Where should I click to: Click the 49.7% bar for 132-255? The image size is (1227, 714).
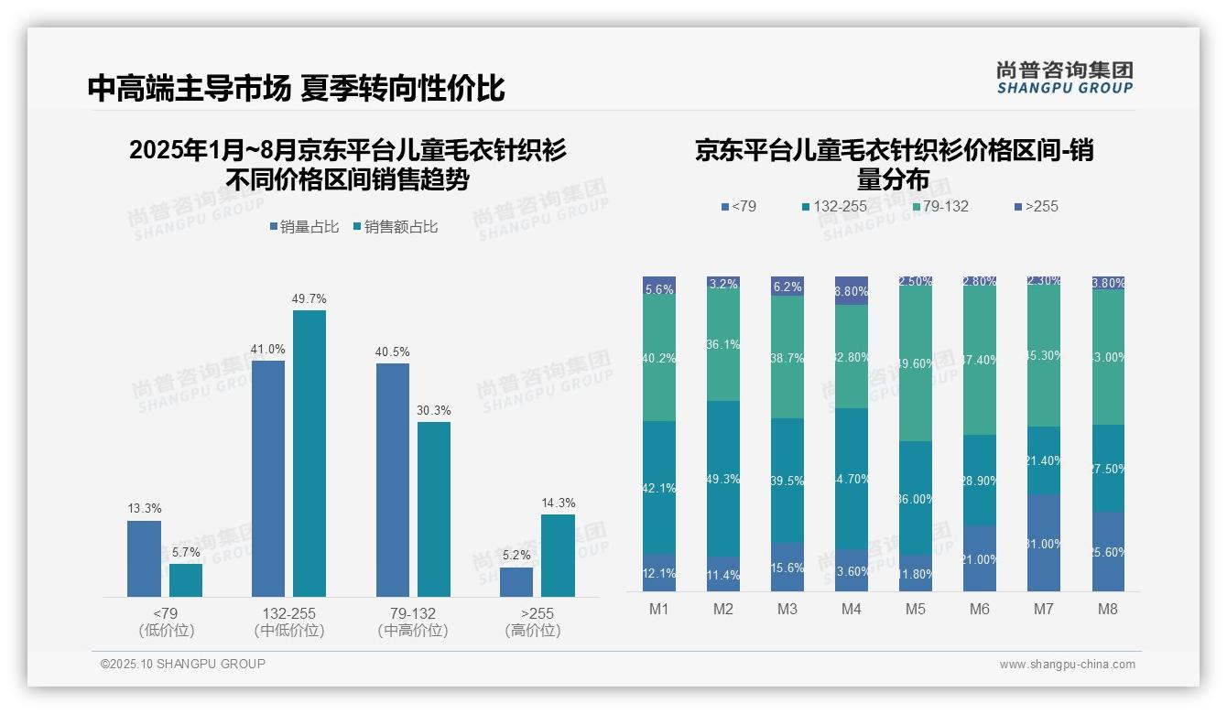coord(309,453)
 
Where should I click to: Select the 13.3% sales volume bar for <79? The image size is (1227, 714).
coord(144,558)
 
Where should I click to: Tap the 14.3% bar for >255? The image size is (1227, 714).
coord(558,556)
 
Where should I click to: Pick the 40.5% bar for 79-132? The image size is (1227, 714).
coord(393,480)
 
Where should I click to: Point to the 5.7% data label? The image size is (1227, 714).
coord(186,553)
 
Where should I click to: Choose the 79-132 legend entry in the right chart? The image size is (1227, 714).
coord(939,207)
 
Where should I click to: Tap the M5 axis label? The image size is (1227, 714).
coord(916,610)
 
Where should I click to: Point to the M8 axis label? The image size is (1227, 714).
coord(1108,610)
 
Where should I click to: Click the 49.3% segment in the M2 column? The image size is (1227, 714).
coord(723,479)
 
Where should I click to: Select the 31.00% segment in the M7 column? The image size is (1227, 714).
coord(1044,543)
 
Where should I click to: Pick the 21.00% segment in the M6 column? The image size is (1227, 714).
coord(980,558)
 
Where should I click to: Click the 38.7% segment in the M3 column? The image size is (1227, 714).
coord(787,357)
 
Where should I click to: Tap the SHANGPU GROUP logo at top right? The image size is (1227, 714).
coord(1064,78)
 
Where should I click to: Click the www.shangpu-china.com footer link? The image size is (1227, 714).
coord(1067,665)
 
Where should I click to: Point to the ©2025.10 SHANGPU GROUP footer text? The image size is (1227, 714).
coord(183,664)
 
